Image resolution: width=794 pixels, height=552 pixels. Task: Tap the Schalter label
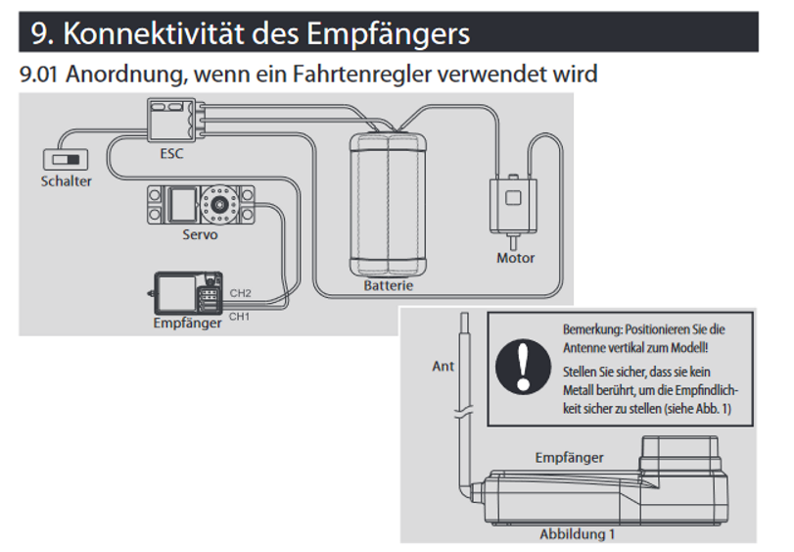point(67,181)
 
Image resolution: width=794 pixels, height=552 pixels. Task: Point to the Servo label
point(200,235)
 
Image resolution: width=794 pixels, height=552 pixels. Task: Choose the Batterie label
point(388,286)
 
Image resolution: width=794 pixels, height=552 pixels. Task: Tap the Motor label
point(515,258)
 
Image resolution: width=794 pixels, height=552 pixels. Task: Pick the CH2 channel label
point(241,293)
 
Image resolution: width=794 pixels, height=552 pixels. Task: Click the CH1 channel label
point(240,316)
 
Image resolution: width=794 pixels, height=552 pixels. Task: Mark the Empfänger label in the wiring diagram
point(187,323)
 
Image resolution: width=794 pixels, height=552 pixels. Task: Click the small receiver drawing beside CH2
point(187,291)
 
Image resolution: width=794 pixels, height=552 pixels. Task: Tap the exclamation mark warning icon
point(525,370)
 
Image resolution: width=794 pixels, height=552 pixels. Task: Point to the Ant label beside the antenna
point(444,367)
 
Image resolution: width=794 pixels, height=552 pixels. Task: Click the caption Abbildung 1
point(578,534)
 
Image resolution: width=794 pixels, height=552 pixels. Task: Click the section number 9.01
point(41,75)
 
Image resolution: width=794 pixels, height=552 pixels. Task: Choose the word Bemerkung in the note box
point(592,330)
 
